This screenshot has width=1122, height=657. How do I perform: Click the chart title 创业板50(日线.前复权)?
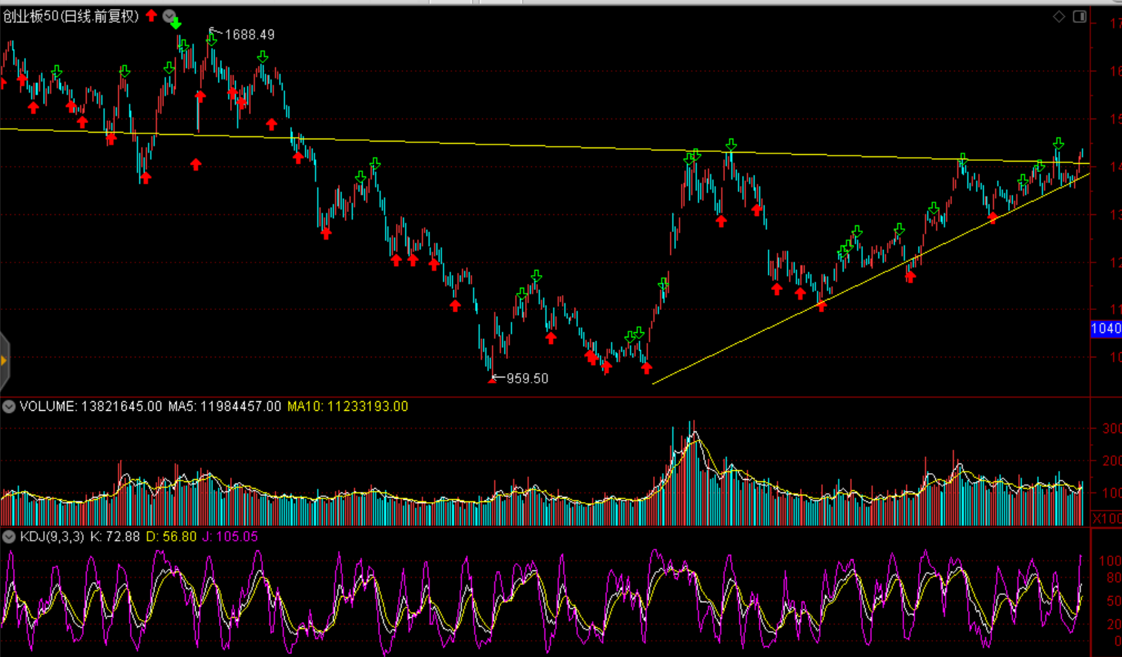[70, 16]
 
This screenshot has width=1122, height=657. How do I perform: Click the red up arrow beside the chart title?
[151, 15]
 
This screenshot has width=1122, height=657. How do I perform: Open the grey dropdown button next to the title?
[169, 16]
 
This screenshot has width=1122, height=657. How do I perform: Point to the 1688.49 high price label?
[249, 35]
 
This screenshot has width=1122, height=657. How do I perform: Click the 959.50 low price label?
[527, 378]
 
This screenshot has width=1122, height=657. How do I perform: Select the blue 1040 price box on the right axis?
[1106, 328]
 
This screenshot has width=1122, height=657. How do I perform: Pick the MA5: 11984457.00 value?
[224, 406]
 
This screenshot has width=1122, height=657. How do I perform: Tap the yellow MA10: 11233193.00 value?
[347, 406]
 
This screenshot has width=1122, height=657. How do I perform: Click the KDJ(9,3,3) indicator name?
[52, 536]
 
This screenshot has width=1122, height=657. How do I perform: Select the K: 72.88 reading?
[114, 536]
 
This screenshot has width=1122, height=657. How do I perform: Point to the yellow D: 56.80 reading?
[171, 536]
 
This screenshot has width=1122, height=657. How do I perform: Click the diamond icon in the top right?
[1059, 16]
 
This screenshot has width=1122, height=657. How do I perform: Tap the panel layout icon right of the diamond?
[1080, 16]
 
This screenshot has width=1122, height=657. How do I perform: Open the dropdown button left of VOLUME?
[9, 406]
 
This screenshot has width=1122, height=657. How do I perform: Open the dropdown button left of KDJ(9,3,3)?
[9, 536]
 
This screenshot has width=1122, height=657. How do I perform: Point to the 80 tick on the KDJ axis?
[1113, 578]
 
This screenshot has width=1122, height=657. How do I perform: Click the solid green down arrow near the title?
[176, 24]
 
